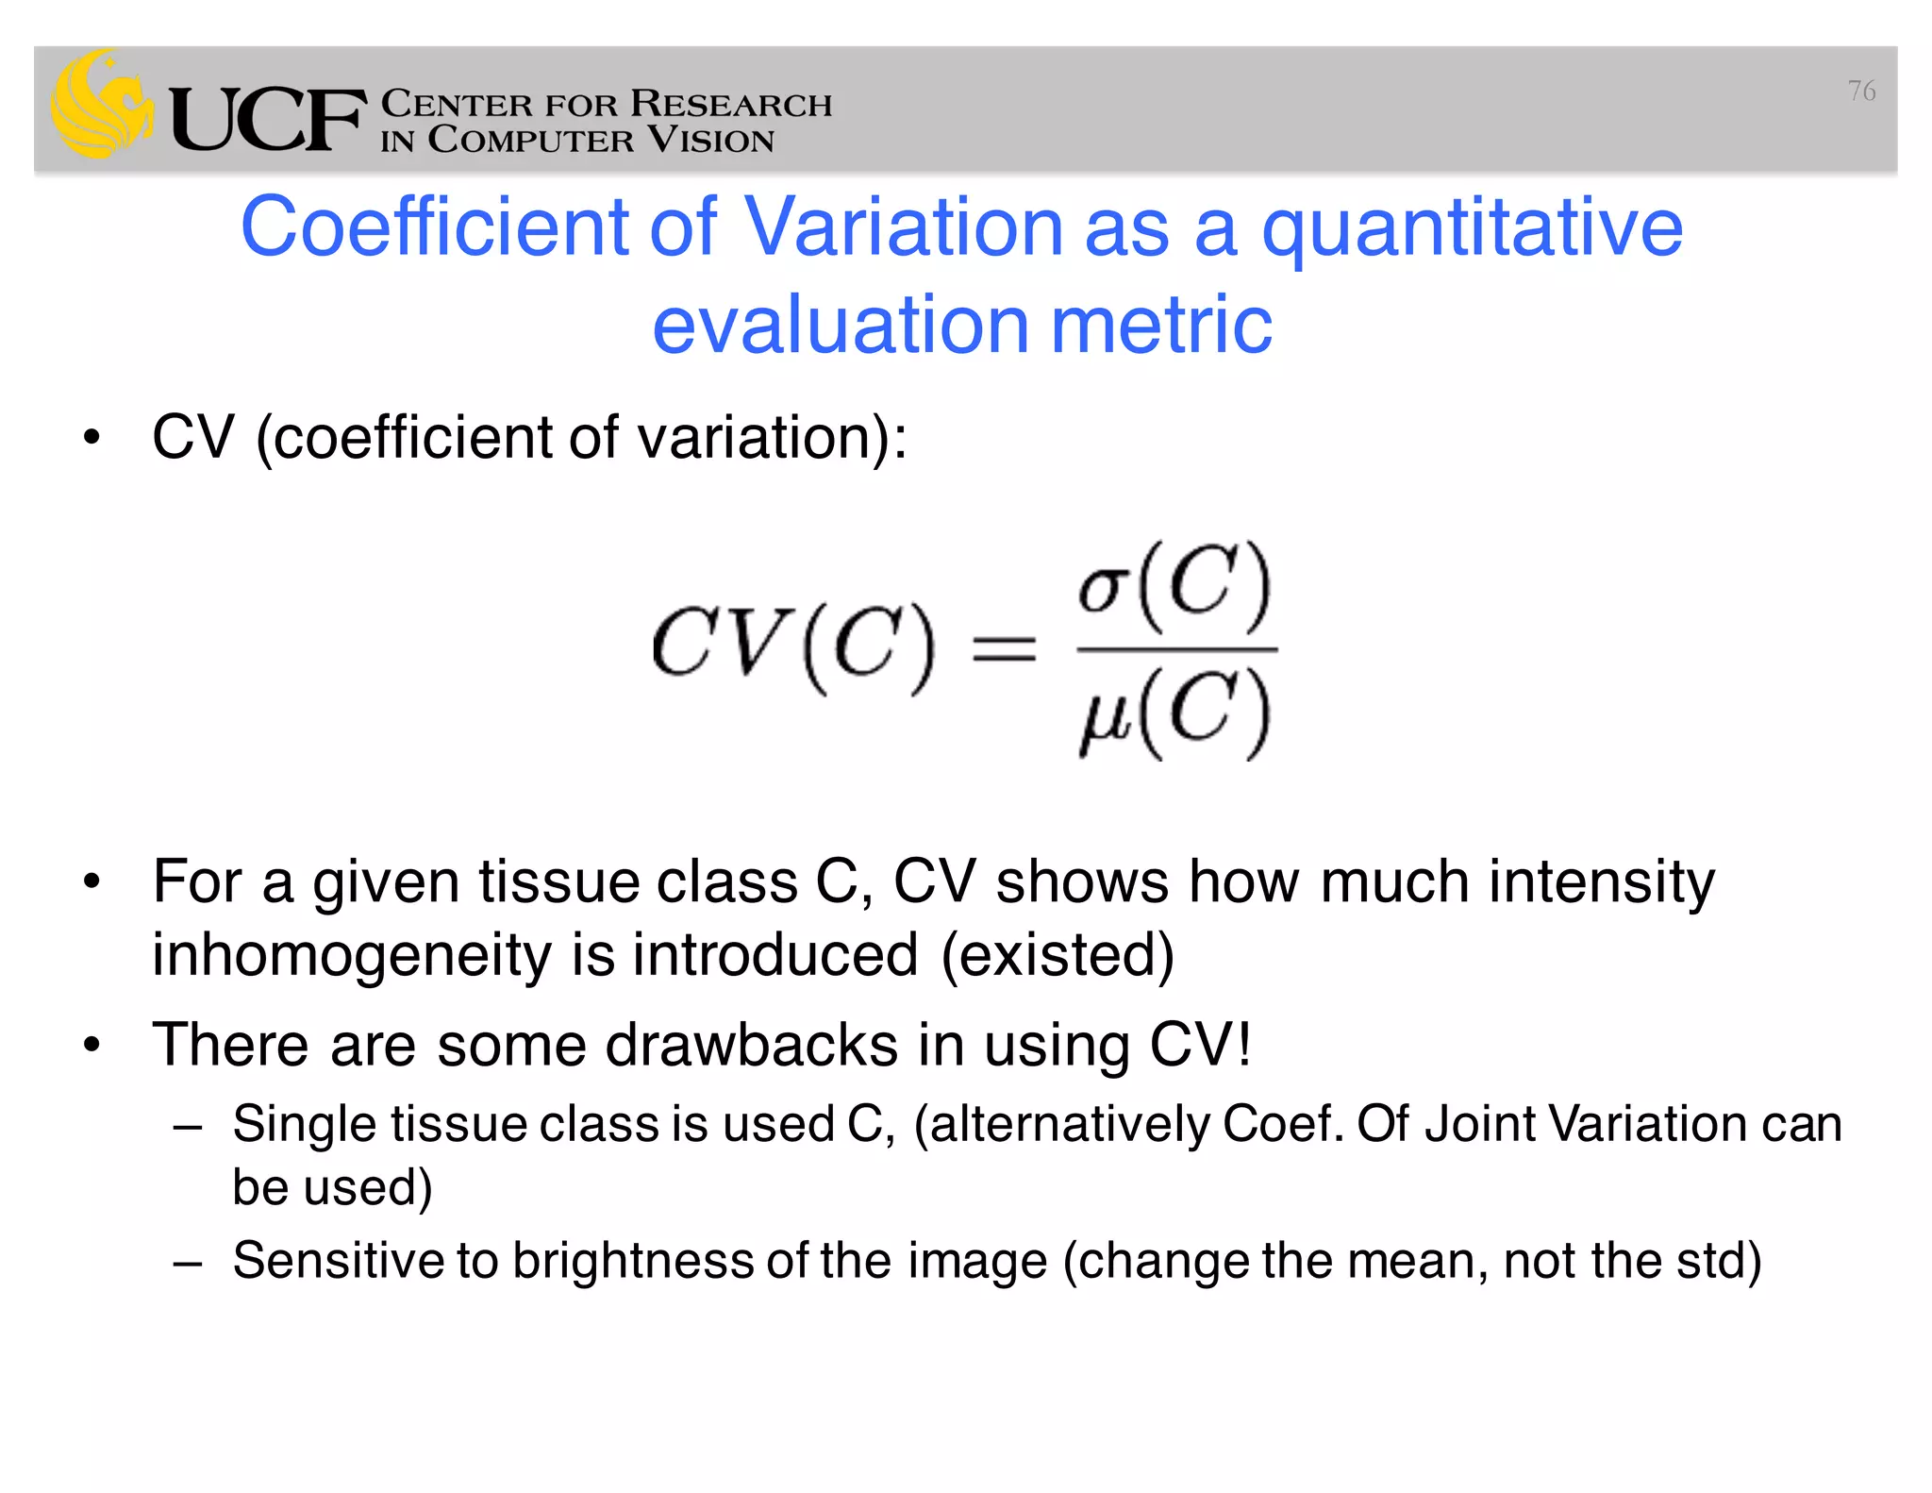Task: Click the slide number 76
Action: pyautogui.click(x=1860, y=91)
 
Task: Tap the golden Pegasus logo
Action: pyautogui.click(x=100, y=104)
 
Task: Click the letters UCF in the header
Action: pyautogui.click(x=267, y=119)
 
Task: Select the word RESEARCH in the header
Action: pyautogui.click(x=731, y=103)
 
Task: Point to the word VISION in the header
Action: pyautogui.click(x=710, y=140)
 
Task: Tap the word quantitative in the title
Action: pyautogui.click(x=1472, y=229)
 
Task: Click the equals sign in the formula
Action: pyautogui.click(x=1004, y=649)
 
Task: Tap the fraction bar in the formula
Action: pyautogui.click(x=1176, y=649)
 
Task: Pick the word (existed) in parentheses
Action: pyautogui.click(x=1058, y=954)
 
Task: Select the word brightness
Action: pyautogui.click(x=633, y=1261)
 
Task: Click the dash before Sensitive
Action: pyautogui.click(x=188, y=1263)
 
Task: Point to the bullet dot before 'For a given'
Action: pyautogui.click(x=92, y=882)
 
